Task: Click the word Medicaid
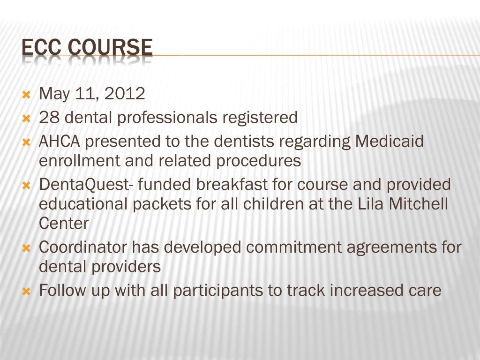389,141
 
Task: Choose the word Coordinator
82,247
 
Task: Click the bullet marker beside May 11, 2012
26,95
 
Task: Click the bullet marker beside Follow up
26,292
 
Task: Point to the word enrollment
79,161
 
